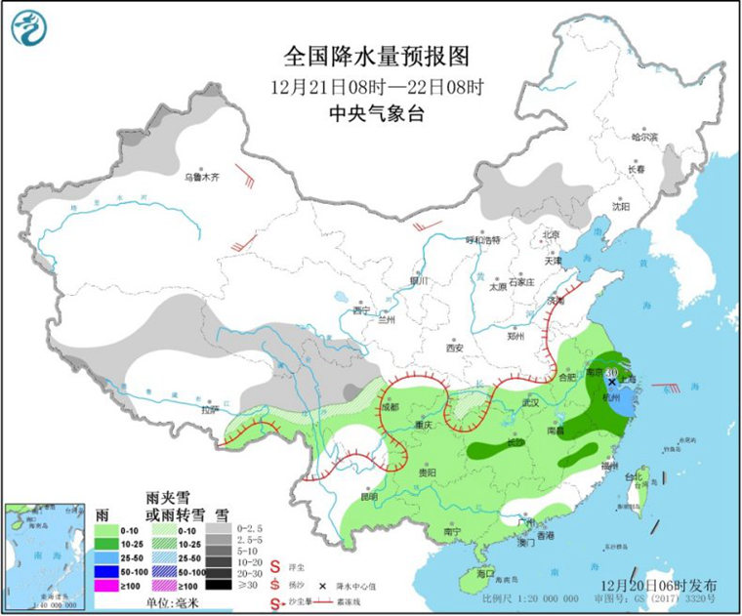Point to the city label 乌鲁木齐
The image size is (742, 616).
203,178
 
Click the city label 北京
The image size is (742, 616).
551,235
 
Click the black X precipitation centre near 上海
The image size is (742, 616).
612,382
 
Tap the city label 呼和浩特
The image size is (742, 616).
482,239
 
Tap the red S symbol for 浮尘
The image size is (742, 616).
276,565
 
